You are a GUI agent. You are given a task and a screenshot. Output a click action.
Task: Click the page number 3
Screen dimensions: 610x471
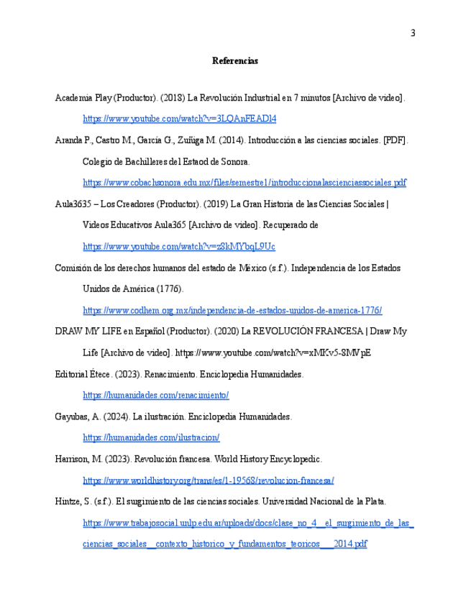[413, 33]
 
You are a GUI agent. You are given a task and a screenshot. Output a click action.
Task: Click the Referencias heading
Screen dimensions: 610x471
[235, 61]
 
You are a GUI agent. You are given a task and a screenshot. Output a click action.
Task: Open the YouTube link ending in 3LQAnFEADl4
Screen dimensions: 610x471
[180, 119]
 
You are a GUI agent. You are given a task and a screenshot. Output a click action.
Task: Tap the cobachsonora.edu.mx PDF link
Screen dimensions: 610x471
[244, 183]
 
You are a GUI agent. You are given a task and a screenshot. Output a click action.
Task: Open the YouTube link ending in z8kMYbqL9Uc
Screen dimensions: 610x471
[179, 247]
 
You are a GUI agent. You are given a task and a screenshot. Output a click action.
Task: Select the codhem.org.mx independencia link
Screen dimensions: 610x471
[232, 311]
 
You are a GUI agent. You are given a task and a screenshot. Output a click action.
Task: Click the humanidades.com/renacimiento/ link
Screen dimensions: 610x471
[156, 396]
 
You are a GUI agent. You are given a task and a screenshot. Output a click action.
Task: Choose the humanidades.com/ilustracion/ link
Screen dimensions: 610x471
[151, 438]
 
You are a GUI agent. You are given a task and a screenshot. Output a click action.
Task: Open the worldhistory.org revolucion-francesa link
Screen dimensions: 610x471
[209, 481]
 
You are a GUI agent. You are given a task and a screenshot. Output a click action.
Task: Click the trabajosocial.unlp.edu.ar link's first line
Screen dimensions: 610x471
[248, 523]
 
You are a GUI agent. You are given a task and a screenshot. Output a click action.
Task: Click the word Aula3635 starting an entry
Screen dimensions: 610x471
[74, 204]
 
